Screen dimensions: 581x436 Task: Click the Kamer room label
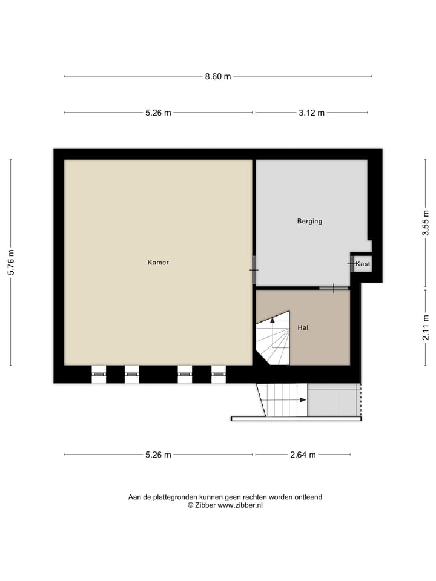[x=158, y=263]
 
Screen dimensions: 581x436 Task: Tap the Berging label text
[x=309, y=221]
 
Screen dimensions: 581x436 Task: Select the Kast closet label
[x=363, y=264]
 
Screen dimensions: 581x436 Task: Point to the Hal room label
[x=303, y=327]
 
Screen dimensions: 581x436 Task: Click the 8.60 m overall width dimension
[x=217, y=76]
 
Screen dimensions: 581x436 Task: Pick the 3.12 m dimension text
[x=311, y=113]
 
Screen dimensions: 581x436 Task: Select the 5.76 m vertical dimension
[x=11, y=263]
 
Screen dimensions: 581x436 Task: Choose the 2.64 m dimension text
[x=303, y=455]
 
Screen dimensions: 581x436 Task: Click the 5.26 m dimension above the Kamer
[x=158, y=113]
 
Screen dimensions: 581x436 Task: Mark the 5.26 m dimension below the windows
[x=158, y=455]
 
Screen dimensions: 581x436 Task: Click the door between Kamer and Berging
[x=254, y=269]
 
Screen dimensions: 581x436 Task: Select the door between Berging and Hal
[x=334, y=288]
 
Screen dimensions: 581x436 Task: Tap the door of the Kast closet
[x=351, y=263]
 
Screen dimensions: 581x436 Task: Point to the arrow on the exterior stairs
[x=302, y=399]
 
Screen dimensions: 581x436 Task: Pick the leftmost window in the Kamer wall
[x=99, y=375]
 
